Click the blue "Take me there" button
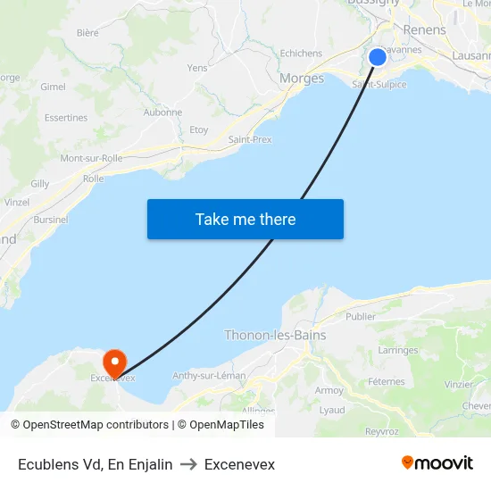(245, 219)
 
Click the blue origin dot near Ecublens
(378, 57)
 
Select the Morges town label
(302, 79)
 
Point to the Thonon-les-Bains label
(275, 336)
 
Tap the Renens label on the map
(424, 30)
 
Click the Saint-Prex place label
(250, 140)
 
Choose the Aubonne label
(162, 112)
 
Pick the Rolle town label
(93, 179)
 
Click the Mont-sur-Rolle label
(91, 159)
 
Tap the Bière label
(87, 33)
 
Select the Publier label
(361, 316)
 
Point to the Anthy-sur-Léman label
(209, 376)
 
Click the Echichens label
(301, 54)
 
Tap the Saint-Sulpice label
(379, 85)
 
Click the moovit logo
(437, 463)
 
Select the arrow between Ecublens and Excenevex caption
(188, 464)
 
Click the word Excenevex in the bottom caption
(239, 464)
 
